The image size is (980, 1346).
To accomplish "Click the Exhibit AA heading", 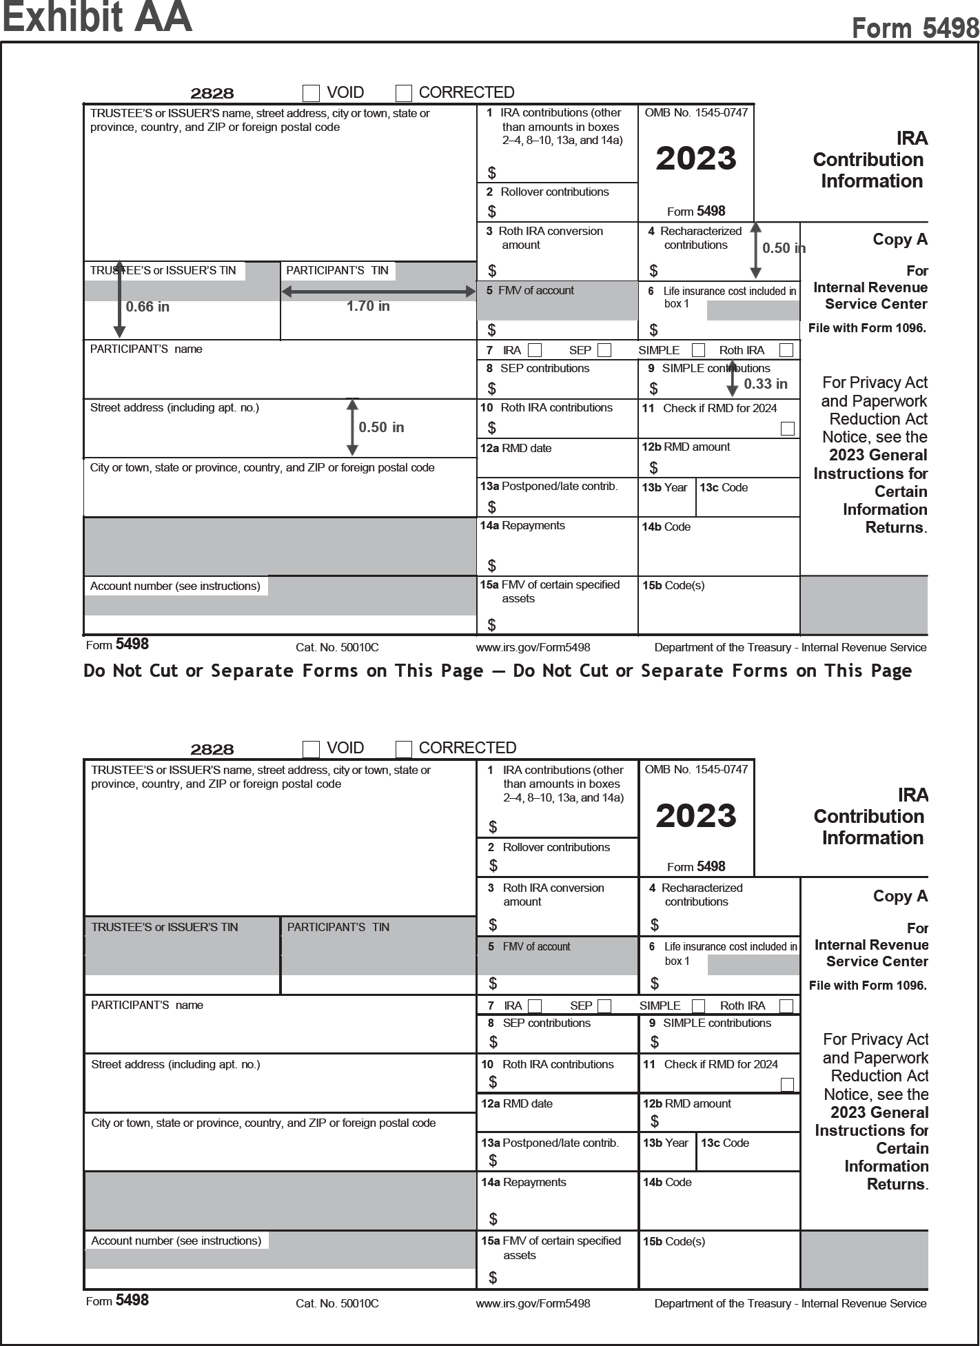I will click(x=97, y=17).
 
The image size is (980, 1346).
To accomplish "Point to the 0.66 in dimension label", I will click(x=147, y=307).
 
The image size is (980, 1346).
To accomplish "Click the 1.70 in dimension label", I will click(x=368, y=306).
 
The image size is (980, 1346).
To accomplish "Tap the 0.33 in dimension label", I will click(x=766, y=384).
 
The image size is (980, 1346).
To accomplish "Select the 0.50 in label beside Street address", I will click(x=381, y=427).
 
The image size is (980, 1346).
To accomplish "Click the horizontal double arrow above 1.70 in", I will click(x=378, y=292).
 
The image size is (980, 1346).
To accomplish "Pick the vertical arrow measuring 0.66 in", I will click(x=119, y=299).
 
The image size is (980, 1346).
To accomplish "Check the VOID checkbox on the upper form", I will click(x=312, y=93).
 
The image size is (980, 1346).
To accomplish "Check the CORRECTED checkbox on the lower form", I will click(x=404, y=749).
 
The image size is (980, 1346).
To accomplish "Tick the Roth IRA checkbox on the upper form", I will click(x=786, y=350).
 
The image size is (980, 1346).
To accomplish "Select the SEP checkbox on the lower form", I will click(x=604, y=1006).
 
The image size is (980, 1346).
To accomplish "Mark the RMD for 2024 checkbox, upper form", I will click(x=787, y=429).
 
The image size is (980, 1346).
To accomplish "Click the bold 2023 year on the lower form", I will click(x=696, y=816).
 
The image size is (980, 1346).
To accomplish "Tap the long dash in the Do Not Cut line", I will click(x=498, y=671).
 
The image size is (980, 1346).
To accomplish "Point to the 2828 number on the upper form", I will click(x=212, y=93).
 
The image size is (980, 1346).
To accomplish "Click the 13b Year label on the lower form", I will click(x=665, y=1143).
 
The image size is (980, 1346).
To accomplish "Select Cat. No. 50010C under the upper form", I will click(x=337, y=647).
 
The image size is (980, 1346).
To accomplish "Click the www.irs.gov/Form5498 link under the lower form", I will click(x=533, y=1303).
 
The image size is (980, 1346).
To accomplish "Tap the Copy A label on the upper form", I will click(x=900, y=239).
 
